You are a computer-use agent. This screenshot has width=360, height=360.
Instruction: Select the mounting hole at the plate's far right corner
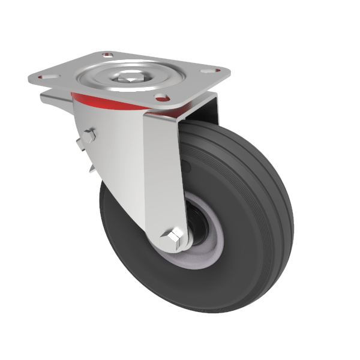(x=210, y=70)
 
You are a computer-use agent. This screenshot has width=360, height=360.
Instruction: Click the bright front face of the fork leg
(x=162, y=174)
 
